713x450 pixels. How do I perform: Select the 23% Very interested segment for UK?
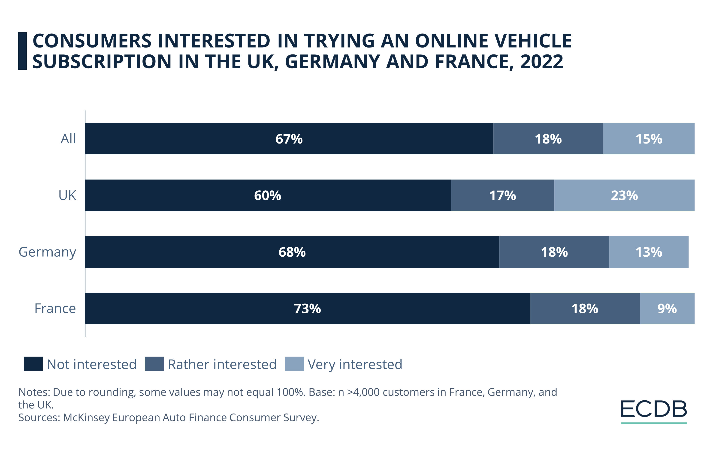click(x=624, y=195)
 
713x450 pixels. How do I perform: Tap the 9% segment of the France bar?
click(x=667, y=309)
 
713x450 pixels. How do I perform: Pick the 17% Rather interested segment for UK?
click(x=502, y=195)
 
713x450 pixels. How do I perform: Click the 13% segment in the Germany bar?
click(x=648, y=252)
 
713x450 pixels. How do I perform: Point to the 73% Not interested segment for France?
click(x=307, y=309)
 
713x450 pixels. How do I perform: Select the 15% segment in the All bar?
click(x=648, y=139)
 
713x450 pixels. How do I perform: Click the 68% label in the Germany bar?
click(x=292, y=252)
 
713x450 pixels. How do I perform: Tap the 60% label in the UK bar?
click(x=267, y=195)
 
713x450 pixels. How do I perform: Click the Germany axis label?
click(x=47, y=252)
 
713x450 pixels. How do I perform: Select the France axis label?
click(x=55, y=309)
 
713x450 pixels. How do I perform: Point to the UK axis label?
click(x=67, y=195)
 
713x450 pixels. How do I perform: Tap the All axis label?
click(x=68, y=139)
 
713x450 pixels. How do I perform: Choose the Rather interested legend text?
click(x=222, y=364)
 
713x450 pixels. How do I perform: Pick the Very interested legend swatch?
click(x=294, y=364)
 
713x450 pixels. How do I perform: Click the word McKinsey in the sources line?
click(x=86, y=417)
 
